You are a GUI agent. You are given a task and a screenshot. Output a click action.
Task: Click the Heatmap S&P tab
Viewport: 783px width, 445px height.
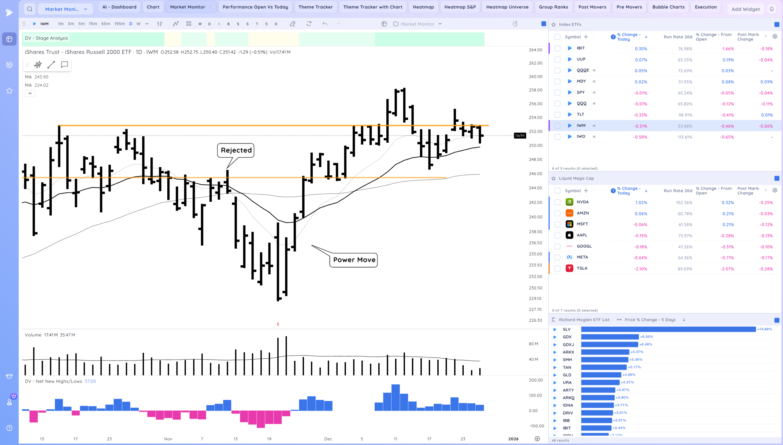click(460, 7)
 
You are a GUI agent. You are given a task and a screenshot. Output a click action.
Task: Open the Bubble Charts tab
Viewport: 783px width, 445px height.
click(668, 7)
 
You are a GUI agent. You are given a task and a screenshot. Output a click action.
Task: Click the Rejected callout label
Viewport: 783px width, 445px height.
click(236, 150)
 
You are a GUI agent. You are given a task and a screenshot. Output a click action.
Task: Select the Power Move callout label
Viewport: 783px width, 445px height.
click(354, 260)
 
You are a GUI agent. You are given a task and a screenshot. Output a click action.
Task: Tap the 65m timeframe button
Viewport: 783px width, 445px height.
click(106, 24)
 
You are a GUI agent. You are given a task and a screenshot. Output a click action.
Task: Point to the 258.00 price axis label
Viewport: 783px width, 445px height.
click(536, 90)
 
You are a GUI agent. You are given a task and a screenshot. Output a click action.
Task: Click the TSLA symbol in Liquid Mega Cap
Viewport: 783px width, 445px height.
click(582, 268)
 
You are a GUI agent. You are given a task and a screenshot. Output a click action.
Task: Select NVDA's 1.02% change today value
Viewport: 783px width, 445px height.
click(641, 203)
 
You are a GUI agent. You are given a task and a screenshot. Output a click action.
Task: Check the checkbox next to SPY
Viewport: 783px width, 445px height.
click(557, 93)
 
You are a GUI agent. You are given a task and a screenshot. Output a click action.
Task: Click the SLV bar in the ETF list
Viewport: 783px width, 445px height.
click(668, 329)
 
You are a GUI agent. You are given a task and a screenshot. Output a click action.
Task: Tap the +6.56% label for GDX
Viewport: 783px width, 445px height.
click(646, 337)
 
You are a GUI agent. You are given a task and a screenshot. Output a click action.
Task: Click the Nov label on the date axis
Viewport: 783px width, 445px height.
click(168, 439)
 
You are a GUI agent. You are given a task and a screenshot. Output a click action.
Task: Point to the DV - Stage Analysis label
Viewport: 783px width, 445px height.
click(46, 38)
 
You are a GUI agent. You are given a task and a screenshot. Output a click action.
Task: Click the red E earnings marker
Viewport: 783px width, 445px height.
click(278, 324)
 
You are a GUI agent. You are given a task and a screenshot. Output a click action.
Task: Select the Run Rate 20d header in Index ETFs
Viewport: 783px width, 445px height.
click(678, 37)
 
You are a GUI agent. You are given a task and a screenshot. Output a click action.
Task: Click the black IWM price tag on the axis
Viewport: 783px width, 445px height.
click(520, 136)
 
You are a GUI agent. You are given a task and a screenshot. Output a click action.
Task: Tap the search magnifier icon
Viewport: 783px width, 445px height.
click(30, 9)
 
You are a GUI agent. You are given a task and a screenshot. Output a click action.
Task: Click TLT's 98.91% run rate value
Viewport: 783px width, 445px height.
click(685, 115)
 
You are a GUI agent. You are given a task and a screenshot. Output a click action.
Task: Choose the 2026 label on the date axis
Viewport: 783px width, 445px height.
click(513, 439)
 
